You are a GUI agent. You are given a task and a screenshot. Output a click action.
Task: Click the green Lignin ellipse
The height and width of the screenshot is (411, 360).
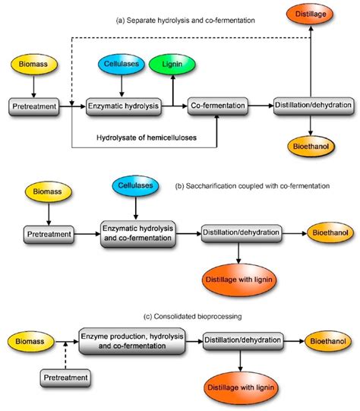click(x=172, y=64)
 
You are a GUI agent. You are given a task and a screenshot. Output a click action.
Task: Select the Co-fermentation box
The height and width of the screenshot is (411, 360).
click(x=218, y=106)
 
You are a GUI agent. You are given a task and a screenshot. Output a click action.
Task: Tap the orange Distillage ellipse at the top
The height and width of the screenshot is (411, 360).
click(x=311, y=14)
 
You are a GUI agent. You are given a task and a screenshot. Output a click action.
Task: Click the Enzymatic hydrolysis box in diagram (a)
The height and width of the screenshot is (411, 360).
click(x=123, y=106)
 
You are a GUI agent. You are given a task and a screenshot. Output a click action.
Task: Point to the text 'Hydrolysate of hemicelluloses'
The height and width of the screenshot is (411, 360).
click(x=147, y=138)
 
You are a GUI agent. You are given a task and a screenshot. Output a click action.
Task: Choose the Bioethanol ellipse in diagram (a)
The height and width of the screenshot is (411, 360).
click(x=311, y=147)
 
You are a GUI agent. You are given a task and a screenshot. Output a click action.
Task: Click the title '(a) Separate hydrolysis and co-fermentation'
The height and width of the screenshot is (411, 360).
click(x=185, y=21)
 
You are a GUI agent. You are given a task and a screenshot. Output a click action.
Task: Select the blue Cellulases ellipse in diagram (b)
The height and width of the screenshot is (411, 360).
click(x=135, y=185)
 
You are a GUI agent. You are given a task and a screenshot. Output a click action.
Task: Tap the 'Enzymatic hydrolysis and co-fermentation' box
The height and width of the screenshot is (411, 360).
click(x=137, y=234)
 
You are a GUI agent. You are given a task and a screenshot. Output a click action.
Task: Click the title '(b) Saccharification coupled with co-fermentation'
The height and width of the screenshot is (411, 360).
click(x=252, y=186)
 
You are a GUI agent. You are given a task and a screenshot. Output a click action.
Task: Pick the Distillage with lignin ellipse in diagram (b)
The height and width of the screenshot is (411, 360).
click(x=239, y=280)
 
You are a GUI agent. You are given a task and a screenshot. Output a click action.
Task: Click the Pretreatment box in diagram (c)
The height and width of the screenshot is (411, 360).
click(x=65, y=378)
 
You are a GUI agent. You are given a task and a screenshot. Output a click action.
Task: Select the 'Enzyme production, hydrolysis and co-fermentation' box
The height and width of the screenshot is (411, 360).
click(x=132, y=341)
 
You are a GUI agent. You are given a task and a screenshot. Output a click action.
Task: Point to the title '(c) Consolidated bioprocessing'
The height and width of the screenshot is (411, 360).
click(x=193, y=317)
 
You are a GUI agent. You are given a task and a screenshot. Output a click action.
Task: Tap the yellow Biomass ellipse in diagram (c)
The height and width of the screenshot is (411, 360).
click(x=30, y=341)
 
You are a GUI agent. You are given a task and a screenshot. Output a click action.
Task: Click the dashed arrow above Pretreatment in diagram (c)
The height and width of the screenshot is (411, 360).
click(x=65, y=356)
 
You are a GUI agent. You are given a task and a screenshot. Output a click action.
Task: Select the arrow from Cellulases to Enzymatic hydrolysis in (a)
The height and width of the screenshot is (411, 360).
click(x=122, y=86)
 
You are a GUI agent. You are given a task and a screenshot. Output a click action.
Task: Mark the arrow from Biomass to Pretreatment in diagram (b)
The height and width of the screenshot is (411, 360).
click(x=49, y=213)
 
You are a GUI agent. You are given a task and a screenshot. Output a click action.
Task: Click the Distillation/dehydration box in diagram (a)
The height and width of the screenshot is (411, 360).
click(x=314, y=106)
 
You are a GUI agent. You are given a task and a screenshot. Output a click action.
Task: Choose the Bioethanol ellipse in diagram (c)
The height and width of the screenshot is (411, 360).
click(x=328, y=341)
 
